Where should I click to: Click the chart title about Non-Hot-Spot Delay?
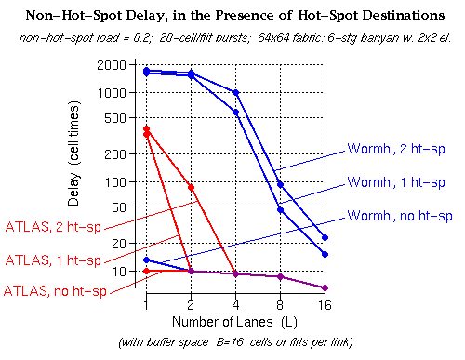click(x=232, y=15)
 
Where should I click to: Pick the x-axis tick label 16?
click(x=324, y=305)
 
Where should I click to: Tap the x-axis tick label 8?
click(x=280, y=305)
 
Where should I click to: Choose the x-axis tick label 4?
click(x=235, y=305)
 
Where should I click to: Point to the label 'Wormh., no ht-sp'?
click(x=400, y=216)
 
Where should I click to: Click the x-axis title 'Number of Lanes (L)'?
click(x=235, y=322)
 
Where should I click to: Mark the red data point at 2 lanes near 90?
click(x=191, y=188)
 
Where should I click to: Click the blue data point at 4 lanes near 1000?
click(x=235, y=93)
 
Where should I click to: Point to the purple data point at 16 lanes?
click(x=324, y=287)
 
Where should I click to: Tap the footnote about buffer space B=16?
click(x=234, y=343)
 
